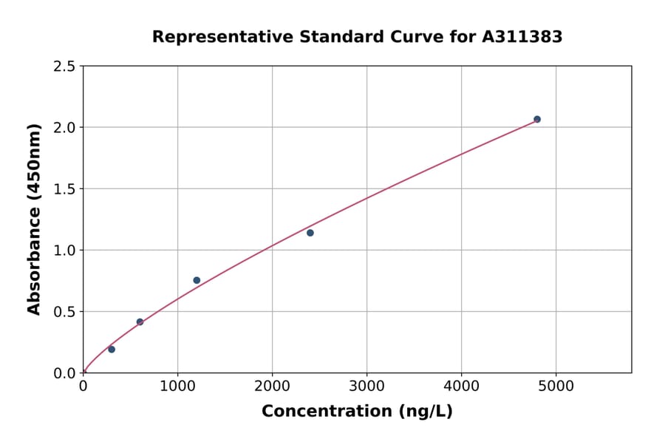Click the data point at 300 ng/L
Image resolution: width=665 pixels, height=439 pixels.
click(112, 350)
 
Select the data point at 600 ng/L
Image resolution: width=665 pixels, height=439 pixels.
click(140, 322)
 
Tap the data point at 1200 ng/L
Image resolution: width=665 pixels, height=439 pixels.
click(197, 280)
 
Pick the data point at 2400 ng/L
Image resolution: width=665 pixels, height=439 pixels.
click(310, 233)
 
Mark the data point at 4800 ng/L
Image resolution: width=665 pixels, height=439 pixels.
click(537, 119)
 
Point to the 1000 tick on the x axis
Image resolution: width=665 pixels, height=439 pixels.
click(177, 386)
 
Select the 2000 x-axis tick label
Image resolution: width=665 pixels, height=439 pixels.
click(272, 386)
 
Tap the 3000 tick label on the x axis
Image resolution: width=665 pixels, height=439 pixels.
click(366, 386)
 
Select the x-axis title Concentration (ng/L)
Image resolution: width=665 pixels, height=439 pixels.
click(357, 412)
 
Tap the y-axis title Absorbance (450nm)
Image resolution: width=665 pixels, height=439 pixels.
click(34, 219)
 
